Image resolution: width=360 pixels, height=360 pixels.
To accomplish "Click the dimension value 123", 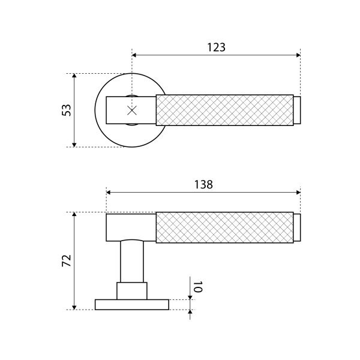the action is (x=216, y=47).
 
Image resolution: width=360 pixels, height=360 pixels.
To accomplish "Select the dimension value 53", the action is (x=67, y=110).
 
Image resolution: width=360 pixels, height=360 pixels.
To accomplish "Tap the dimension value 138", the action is (x=203, y=185).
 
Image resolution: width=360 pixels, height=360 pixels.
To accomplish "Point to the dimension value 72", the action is (x=67, y=260).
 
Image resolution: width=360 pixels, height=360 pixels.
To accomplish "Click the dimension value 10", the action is (x=197, y=287).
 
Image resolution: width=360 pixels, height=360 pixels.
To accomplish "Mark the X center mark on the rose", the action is (x=132, y=110).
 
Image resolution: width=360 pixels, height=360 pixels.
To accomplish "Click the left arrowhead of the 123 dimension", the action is (x=134, y=55).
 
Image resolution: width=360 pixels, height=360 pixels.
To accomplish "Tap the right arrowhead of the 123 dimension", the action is (x=298, y=55).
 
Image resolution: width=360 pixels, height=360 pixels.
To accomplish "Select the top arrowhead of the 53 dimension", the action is (x=74, y=76).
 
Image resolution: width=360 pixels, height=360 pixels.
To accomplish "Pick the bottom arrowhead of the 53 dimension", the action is (x=74, y=145).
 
